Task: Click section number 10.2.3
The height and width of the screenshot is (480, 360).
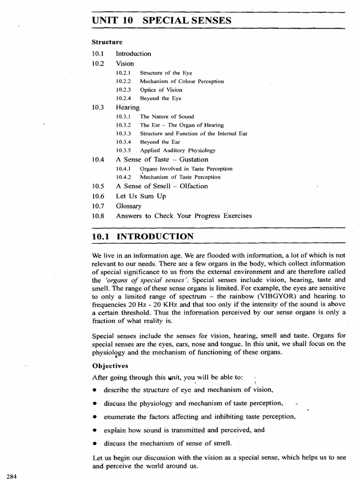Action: click(x=124, y=90)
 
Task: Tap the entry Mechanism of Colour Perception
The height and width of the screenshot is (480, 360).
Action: click(x=175, y=81)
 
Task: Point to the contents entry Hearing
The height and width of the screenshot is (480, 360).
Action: click(x=127, y=107)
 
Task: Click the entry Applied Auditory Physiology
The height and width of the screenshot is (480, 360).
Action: click(x=178, y=150)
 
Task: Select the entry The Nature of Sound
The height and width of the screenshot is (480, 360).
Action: click(x=167, y=116)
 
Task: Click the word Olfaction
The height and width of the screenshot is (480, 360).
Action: click(x=190, y=186)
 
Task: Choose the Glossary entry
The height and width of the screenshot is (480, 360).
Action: click(x=128, y=206)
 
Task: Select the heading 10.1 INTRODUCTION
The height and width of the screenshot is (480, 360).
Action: click(x=142, y=237)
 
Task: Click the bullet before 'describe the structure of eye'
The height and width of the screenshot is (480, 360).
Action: click(x=95, y=390)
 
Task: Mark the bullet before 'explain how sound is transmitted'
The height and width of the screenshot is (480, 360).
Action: click(x=95, y=429)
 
